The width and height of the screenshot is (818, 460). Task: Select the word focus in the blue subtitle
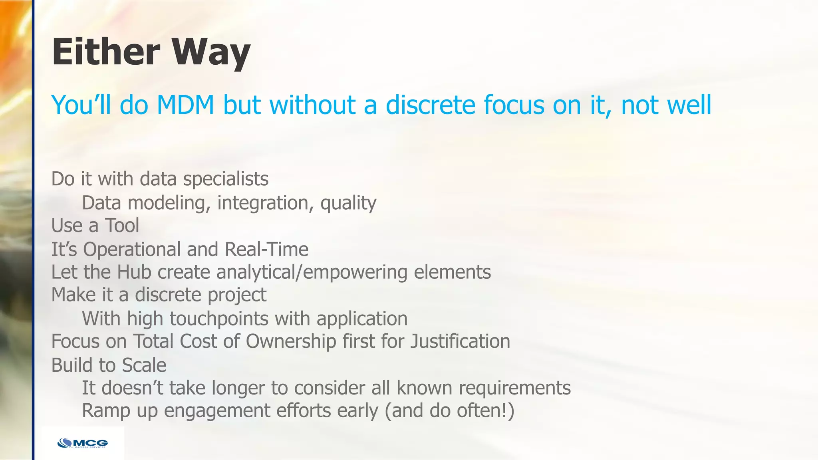tap(514, 105)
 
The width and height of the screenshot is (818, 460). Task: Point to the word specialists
tap(226, 179)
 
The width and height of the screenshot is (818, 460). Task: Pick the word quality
tap(348, 203)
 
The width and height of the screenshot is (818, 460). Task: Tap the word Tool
tap(122, 226)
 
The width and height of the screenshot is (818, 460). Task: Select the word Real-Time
tap(266, 250)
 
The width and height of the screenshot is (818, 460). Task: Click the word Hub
tap(134, 272)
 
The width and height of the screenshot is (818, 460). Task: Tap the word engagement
tap(217, 411)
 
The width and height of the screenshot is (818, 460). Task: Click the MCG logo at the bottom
tap(83, 443)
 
